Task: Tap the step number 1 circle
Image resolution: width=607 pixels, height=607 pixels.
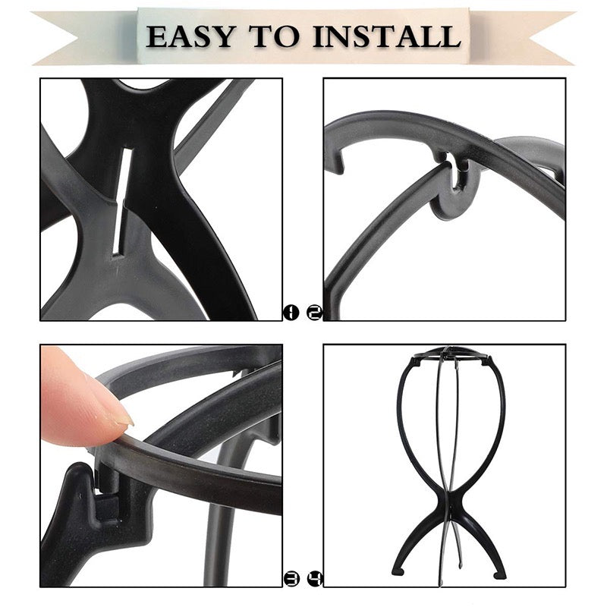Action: pyautogui.click(x=291, y=312)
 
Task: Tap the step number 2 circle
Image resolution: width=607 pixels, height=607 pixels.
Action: pyautogui.click(x=314, y=312)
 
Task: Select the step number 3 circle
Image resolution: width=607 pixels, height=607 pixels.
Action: pyautogui.click(x=291, y=578)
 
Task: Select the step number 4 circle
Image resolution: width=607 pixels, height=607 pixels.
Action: pyautogui.click(x=314, y=578)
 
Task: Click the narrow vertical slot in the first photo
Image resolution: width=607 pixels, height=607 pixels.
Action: pyautogui.click(x=121, y=201)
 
